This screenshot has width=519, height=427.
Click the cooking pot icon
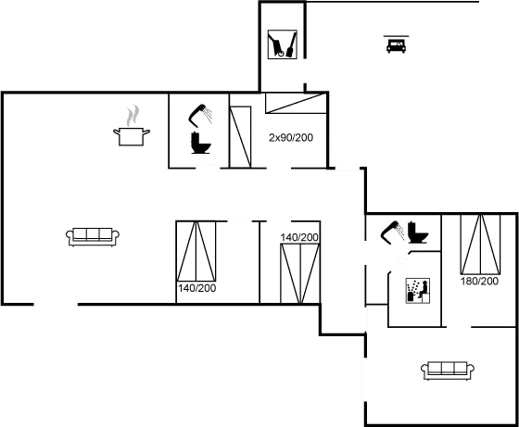pos(132,136)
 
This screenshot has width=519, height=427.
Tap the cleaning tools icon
pos(282,44)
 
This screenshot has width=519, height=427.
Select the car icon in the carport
pos(396,44)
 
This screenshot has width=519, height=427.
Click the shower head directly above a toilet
pos(200,116)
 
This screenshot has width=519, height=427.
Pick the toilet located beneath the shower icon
pos(201,143)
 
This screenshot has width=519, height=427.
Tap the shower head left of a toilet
pos(392,232)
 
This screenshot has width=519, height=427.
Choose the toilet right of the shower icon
pos(418,232)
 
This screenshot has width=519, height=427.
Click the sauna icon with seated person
pos(418,291)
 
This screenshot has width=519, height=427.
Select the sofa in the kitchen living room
pos(93,237)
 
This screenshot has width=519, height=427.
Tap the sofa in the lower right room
pos(448,370)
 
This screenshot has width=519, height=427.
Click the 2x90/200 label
pos(291,138)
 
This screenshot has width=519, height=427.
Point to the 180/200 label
pos(479,282)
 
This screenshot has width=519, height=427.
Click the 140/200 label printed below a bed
pos(196,288)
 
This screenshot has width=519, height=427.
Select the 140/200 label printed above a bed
pos(299,237)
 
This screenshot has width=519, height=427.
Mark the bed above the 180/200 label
pos(480,245)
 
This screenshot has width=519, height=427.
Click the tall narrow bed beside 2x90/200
pos(241,137)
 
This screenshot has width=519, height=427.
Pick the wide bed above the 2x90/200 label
pos(296,104)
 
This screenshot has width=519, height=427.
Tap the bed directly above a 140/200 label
pos(196,251)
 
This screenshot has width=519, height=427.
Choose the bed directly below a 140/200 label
pos(300,273)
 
